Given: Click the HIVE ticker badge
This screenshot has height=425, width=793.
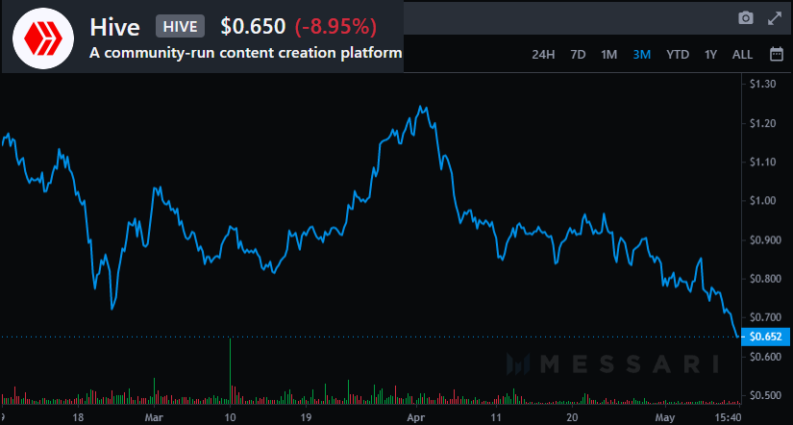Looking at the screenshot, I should tap(180, 26).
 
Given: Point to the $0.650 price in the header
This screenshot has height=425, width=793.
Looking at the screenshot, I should tap(253, 26).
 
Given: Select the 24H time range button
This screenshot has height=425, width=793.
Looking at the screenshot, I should tap(543, 55).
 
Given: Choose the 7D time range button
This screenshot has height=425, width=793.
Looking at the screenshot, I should tap(578, 55).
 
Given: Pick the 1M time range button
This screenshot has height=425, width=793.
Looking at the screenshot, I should tap(608, 55).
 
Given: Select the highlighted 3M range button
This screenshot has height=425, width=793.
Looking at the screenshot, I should tap(642, 55).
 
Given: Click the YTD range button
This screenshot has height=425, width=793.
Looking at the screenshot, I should tap(678, 55).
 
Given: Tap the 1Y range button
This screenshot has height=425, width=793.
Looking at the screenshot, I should tap(710, 55).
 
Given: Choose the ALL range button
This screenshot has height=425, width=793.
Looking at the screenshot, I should tap(742, 55).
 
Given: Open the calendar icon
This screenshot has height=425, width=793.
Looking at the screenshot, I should tap(776, 55).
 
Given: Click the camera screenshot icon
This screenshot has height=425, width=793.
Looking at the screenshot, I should tap(745, 18).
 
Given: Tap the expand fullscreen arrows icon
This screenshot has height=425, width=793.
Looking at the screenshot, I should tap(775, 18).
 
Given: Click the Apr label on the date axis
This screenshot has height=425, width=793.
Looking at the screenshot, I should tap(414, 418).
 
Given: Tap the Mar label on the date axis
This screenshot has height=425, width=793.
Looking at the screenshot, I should tap(154, 418).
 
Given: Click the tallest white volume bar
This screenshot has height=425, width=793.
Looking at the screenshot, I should tap(231, 370).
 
